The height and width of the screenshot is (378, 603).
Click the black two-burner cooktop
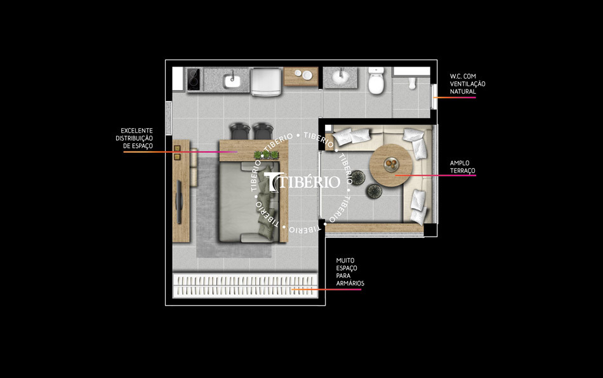pyautogui.click(x=194, y=79)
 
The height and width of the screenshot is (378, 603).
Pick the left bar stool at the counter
pyautogui.click(x=239, y=131)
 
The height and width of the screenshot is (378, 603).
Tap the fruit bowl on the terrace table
pyautogui.click(x=389, y=163)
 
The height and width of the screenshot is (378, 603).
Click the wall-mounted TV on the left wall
pyautogui.click(x=180, y=202)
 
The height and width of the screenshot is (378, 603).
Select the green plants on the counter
pyautogui.click(x=265, y=154)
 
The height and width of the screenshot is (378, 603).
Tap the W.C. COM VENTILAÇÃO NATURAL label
pyautogui.click(x=467, y=84)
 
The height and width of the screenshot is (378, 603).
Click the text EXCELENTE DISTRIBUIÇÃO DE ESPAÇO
pyautogui.click(x=134, y=138)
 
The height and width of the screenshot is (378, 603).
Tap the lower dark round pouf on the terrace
pyautogui.click(x=373, y=189)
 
